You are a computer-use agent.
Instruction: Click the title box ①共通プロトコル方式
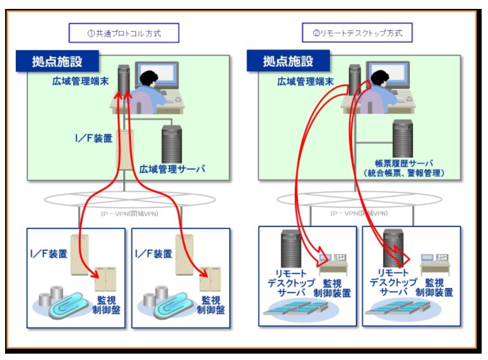click(x=124, y=33)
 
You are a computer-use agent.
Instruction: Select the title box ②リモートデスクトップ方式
click(x=357, y=32)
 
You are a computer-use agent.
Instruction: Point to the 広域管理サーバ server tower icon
click(x=172, y=144)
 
